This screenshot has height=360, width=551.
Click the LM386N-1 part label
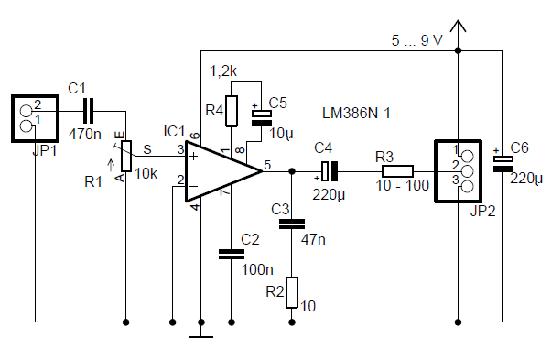[356, 114]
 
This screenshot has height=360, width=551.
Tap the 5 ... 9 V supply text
[416, 41]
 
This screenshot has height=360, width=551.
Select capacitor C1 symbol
[88, 112]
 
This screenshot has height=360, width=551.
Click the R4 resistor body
[232, 111]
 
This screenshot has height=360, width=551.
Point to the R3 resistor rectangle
[397, 171]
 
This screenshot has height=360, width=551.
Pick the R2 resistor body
[292, 292]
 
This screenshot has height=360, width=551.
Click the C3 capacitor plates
[292, 224]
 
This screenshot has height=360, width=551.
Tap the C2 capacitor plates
[232, 255]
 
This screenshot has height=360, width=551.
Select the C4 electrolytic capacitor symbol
[330, 171]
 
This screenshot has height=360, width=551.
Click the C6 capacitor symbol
[502, 163]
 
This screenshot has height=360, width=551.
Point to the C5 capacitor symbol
[262, 118]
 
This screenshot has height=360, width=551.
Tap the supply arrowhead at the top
[458, 26]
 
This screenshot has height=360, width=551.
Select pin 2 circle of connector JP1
[26, 111]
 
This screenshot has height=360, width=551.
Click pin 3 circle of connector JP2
[467, 187]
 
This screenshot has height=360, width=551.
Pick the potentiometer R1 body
[126, 156]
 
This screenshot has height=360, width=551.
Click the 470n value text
[85, 134]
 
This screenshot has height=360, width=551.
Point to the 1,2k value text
[223, 71]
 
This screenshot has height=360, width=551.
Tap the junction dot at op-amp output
[292, 171]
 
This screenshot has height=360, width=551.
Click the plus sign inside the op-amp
[193, 156]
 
